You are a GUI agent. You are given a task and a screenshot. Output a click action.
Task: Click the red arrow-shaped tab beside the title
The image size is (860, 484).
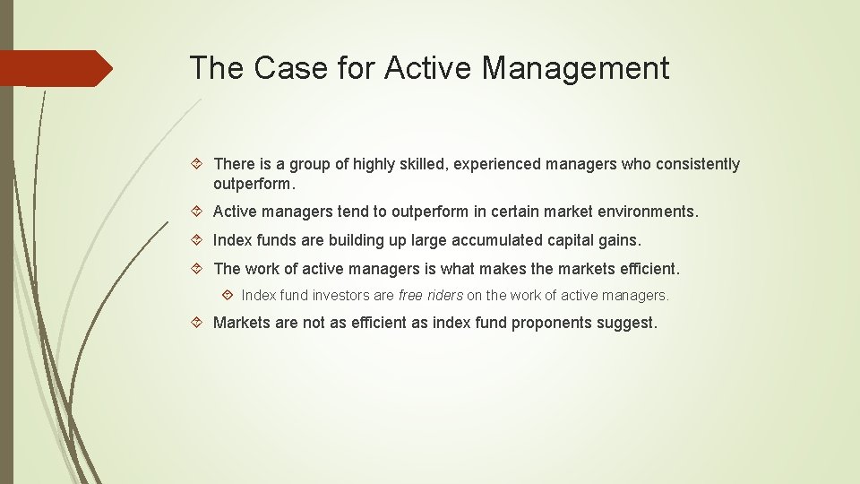pyautogui.click(x=56, y=68)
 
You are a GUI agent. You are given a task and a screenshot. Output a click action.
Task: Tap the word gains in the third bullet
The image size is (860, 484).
pyautogui.click(x=620, y=240)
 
